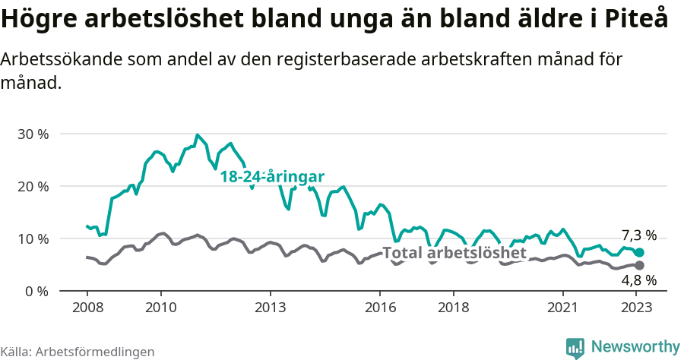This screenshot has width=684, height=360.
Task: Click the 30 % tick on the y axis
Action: [x=33, y=134]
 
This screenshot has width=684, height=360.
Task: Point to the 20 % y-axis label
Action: [x=33, y=186]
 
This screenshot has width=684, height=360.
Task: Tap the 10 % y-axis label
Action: [x=33, y=238]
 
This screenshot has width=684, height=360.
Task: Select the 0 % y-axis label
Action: [x=36, y=291]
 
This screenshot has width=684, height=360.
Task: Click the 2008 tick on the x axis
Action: [x=87, y=308]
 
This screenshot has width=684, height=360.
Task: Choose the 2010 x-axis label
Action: [x=160, y=308]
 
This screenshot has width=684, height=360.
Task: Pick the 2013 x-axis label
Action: [x=270, y=308]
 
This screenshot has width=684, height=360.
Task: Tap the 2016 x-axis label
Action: [x=380, y=308]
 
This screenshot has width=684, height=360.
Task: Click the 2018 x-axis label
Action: [x=454, y=308]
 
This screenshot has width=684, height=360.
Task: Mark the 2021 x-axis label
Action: [x=563, y=308]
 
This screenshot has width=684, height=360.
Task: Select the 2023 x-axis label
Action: [x=637, y=308]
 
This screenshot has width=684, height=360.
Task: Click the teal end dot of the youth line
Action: [x=639, y=252]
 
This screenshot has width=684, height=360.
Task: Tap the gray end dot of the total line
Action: [x=639, y=265]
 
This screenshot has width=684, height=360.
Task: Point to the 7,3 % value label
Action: [x=639, y=235]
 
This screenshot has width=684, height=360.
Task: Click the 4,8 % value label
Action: [x=639, y=280]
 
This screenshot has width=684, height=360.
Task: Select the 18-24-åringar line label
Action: [x=272, y=177]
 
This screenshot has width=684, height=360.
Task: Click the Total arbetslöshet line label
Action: [x=454, y=253]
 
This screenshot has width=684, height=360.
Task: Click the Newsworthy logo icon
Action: [x=575, y=348]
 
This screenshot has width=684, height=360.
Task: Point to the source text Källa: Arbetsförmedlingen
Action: [x=78, y=352]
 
